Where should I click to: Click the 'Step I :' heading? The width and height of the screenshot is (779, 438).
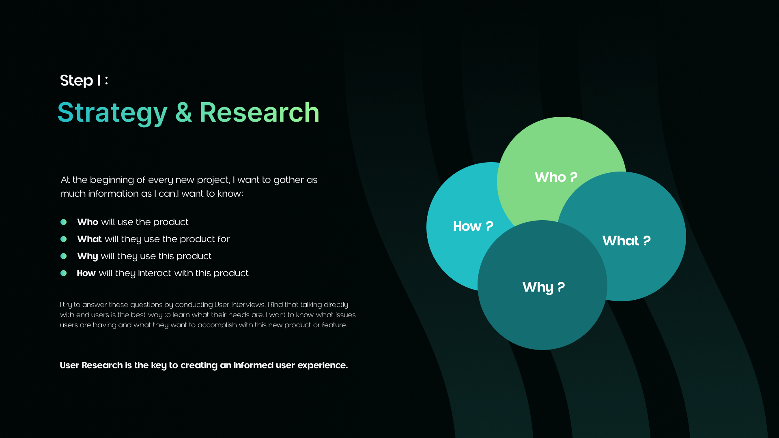click(84, 80)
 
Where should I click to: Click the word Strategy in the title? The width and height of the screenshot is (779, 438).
click(112, 112)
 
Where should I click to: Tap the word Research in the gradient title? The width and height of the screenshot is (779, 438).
click(259, 112)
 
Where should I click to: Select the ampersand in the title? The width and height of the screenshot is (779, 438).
click(183, 112)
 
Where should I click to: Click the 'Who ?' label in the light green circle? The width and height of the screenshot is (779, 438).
click(556, 177)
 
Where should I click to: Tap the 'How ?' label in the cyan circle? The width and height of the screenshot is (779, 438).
click(473, 226)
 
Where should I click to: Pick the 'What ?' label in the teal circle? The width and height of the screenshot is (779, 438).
click(626, 241)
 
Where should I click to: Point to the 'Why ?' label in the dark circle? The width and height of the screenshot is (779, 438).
click(543, 287)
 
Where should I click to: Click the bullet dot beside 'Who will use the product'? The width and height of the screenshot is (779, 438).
click(64, 222)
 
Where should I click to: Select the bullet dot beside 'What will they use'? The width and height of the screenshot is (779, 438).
click(64, 239)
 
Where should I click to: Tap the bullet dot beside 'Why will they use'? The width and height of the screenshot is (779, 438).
click(64, 256)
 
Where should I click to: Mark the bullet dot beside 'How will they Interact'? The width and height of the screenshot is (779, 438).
click(64, 273)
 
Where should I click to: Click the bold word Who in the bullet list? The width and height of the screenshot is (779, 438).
click(88, 222)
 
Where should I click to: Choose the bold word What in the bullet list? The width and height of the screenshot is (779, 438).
click(90, 239)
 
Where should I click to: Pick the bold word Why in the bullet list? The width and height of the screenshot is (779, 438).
click(88, 256)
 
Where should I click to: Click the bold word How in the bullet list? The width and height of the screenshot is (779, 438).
click(86, 273)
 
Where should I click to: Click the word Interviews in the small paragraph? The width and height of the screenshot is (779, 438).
click(248, 305)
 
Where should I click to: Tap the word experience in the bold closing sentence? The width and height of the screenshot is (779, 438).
click(322, 365)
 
